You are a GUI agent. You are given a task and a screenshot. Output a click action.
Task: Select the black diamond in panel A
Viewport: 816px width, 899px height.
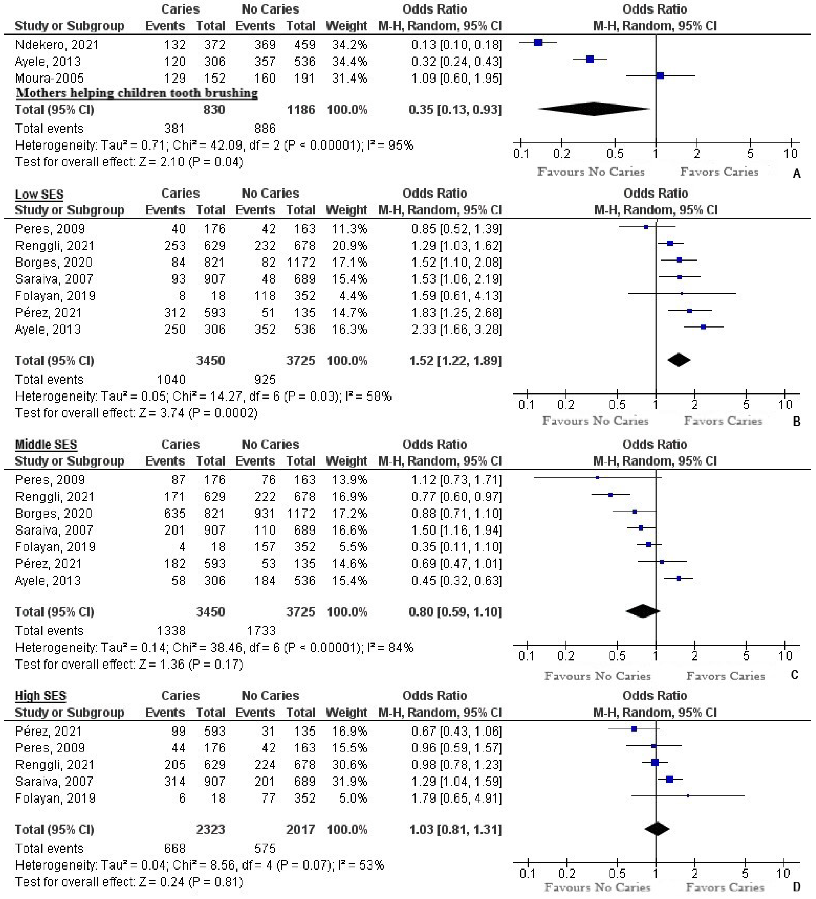(594, 109)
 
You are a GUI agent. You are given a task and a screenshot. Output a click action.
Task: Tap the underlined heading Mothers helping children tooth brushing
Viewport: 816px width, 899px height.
(137, 93)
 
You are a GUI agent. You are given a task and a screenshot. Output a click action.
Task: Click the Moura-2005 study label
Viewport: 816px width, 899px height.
(49, 79)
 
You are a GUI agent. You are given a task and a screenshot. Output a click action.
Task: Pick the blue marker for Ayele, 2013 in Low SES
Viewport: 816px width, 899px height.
(703, 327)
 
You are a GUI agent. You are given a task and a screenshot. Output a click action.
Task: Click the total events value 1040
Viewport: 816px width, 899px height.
(171, 380)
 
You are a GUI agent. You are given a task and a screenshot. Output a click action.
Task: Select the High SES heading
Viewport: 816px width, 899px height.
(41, 696)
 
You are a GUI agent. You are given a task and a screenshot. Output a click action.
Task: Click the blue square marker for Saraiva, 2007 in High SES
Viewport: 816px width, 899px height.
(669, 779)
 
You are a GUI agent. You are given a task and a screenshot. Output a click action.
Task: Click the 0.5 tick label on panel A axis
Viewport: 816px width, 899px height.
(615, 154)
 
